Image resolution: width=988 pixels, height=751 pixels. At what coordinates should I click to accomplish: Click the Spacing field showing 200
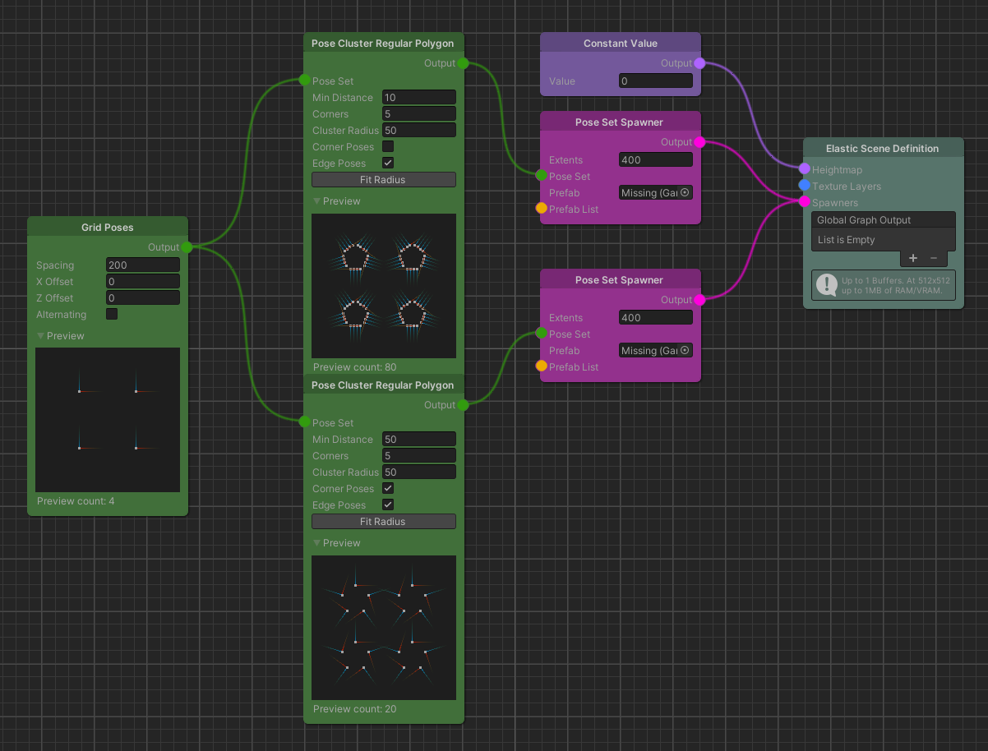(142, 265)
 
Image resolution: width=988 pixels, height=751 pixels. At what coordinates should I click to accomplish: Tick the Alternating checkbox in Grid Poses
(112, 314)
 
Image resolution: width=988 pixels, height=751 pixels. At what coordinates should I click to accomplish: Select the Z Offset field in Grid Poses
(142, 298)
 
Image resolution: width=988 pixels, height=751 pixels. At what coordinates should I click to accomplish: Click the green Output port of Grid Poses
(187, 247)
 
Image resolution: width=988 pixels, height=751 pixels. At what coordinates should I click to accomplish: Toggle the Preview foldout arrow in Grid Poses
(41, 336)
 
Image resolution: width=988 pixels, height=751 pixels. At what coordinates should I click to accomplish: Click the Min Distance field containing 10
(418, 98)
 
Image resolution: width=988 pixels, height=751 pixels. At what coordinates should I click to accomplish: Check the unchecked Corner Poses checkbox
(388, 147)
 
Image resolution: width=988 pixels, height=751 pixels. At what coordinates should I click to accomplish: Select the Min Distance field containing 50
(418, 440)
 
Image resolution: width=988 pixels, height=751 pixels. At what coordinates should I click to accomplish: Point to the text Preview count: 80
(354, 367)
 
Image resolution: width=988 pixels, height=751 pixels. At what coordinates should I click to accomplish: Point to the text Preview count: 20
(354, 709)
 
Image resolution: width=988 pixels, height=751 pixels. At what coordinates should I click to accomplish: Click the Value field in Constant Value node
(655, 81)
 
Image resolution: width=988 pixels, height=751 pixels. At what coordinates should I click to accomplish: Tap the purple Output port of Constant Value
(699, 63)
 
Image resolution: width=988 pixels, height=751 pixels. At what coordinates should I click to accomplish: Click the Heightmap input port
(804, 169)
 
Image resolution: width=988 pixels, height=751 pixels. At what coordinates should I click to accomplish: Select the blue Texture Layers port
(804, 186)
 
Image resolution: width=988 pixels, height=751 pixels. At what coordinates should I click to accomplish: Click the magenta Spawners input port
(804, 202)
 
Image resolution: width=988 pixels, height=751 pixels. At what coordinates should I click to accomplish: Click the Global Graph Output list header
(883, 220)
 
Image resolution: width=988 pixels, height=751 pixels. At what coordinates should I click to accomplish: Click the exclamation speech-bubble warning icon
(825, 284)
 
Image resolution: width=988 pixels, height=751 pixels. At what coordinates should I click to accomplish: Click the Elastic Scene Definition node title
(882, 149)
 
